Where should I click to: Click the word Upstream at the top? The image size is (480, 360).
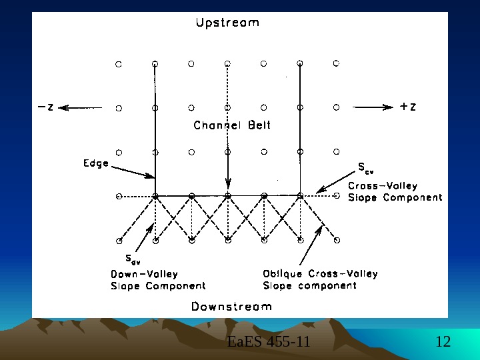coord(227,23)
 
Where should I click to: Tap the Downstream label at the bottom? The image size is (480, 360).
coord(231,307)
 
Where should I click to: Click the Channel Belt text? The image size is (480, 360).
coord(232,125)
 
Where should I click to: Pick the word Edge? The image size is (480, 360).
coord(96,163)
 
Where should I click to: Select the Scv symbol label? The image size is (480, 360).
coord(365,167)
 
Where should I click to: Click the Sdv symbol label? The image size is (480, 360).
coord(133,259)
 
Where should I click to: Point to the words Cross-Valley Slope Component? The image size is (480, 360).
coord(395,191)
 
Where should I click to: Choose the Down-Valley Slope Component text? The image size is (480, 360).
coord(157,279)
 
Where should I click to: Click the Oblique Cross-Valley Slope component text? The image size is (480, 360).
coord(320,279)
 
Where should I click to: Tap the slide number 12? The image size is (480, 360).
coord(443,343)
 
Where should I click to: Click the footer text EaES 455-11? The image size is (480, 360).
coord(269,343)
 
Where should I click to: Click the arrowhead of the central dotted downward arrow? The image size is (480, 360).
coord(228,185)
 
